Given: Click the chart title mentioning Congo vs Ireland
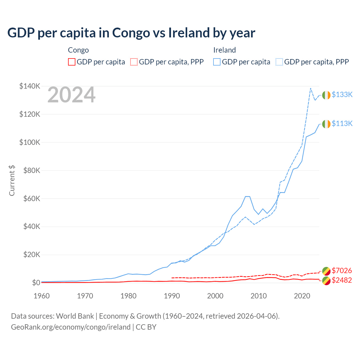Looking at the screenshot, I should (x=131, y=33).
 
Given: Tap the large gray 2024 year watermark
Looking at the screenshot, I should (x=71, y=95).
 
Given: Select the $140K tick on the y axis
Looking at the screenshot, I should (x=30, y=86).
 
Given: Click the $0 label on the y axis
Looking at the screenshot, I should (x=36, y=283).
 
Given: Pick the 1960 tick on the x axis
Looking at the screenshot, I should (x=42, y=296).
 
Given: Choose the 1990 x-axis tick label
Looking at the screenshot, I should (x=172, y=296).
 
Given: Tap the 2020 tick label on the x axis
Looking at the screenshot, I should (x=302, y=296).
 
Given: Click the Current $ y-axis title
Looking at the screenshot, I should (x=12, y=181).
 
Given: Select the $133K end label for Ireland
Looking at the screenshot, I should (x=342, y=94).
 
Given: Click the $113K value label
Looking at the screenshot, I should (x=342, y=123).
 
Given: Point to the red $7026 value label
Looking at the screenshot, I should (x=342, y=271).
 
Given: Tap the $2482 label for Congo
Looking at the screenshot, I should (x=342, y=280).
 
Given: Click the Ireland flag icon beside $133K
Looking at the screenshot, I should (x=326, y=95).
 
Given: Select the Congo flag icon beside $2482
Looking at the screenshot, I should (x=326, y=281).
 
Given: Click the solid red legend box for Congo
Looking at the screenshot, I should (x=72, y=62).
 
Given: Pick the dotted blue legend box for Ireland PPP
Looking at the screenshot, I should (x=279, y=62).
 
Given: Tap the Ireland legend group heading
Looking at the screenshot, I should (x=224, y=50).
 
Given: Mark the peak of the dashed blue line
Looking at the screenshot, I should (x=310, y=88).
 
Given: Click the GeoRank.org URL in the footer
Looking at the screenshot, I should (x=71, y=327).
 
